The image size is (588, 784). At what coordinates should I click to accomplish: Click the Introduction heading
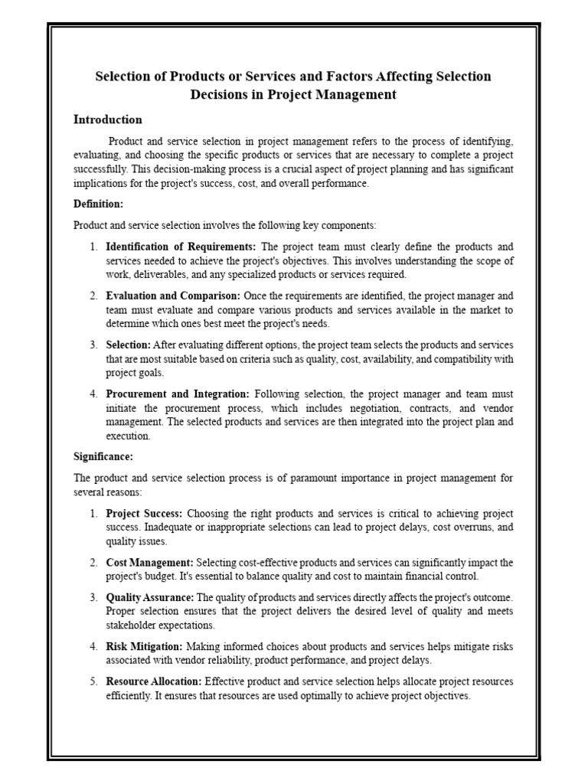pyautogui.click(x=107, y=120)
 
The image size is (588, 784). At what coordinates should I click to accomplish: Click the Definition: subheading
pyautogui.click(x=98, y=204)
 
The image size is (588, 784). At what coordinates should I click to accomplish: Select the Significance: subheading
pyautogui.click(x=103, y=457)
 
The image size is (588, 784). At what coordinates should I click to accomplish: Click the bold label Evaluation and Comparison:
pyautogui.click(x=173, y=296)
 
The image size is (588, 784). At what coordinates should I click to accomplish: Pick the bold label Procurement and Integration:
pyautogui.click(x=178, y=394)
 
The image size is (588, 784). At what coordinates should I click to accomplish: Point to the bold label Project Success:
pyautogui.click(x=144, y=513)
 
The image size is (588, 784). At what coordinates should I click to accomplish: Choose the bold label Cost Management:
pyautogui.click(x=149, y=563)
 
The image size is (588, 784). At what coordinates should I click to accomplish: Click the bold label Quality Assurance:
pyautogui.click(x=150, y=597)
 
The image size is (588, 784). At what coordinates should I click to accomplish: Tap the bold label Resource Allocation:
pyautogui.click(x=154, y=681)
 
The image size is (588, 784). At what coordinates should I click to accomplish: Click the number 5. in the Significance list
pyautogui.click(x=93, y=681)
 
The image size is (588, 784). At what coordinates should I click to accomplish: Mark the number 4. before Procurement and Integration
pyautogui.click(x=93, y=394)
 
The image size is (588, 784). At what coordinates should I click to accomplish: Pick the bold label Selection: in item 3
pyautogui.click(x=128, y=345)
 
